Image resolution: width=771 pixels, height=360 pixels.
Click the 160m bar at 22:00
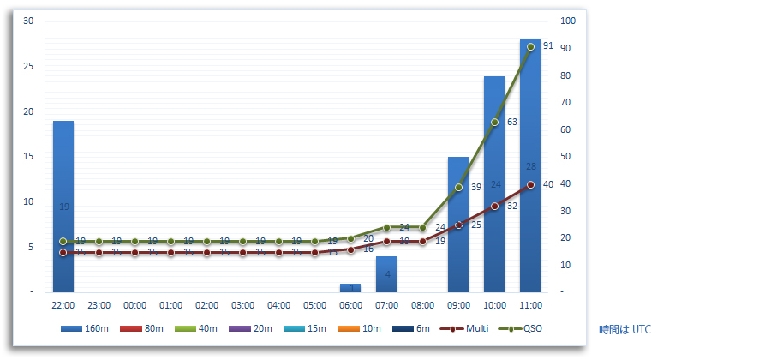[x=63, y=206]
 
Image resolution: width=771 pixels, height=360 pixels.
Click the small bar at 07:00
[x=386, y=274]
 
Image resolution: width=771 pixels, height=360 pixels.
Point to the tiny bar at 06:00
[x=350, y=288]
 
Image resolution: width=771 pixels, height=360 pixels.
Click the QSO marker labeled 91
[x=530, y=46]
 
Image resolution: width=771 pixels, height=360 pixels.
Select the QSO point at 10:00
[x=494, y=122]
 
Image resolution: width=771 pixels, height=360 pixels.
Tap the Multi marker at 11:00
[x=530, y=184]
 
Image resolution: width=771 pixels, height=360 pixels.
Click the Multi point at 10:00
[x=494, y=206]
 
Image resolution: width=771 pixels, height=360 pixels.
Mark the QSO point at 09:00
[x=458, y=187]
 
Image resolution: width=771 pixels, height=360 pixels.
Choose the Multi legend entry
[x=466, y=328]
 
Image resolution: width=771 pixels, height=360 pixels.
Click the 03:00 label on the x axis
[x=242, y=305]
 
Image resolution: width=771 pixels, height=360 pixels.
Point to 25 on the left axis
[x=28, y=66]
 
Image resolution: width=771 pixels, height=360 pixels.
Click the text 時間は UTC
[x=625, y=328]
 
